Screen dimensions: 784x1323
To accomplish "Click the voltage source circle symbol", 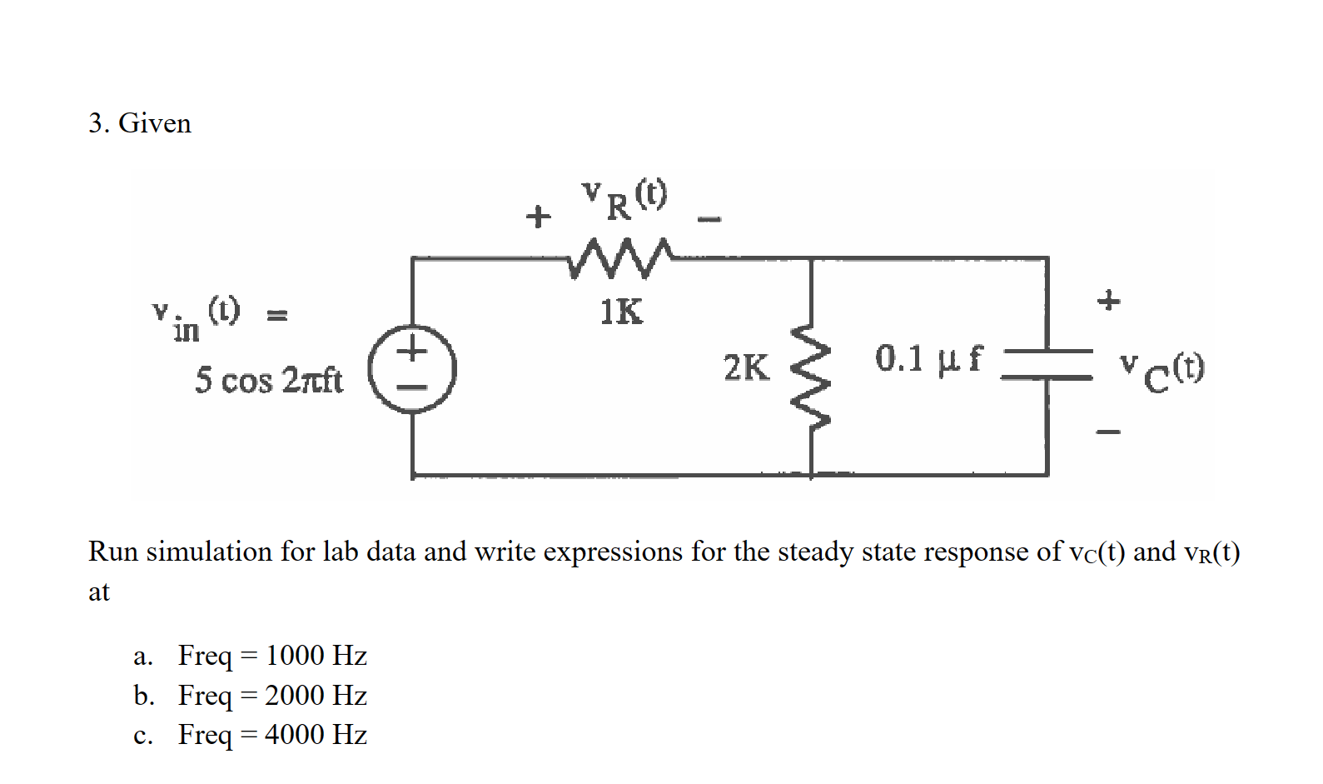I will pyautogui.click(x=412, y=369).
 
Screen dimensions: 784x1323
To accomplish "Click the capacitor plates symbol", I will pyautogui.click(x=1047, y=363).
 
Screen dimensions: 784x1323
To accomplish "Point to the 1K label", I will pyautogui.click(x=621, y=312).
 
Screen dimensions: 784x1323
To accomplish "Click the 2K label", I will pyautogui.click(x=746, y=367).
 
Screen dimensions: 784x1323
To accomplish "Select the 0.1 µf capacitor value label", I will pyautogui.click(x=928, y=359).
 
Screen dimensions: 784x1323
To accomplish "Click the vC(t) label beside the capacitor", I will pyautogui.click(x=1161, y=372).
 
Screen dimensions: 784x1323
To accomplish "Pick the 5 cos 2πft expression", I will pyautogui.click(x=268, y=380).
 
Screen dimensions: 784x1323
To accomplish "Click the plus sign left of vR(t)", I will pyautogui.click(x=538, y=217).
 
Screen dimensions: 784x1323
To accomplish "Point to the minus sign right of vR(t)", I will pyautogui.click(x=709, y=220).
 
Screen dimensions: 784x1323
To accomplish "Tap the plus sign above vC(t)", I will pyautogui.click(x=1108, y=300).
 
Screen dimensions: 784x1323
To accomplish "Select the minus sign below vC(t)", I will pyautogui.click(x=1108, y=432).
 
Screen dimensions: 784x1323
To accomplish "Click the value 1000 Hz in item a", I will pyautogui.click(x=316, y=656).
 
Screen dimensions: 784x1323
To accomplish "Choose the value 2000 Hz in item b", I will pyautogui.click(x=316, y=695).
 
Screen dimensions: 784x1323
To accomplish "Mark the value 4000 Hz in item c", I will pyautogui.click(x=316, y=734).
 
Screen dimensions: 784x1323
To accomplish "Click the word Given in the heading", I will pyautogui.click(x=155, y=123).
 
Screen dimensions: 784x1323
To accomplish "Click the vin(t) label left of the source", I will pyautogui.click(x=196, y=319).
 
